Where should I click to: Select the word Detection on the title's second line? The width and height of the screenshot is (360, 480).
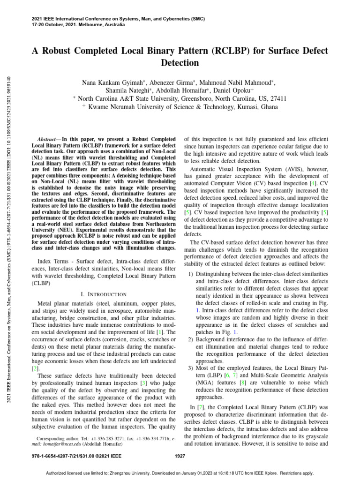(180, 63)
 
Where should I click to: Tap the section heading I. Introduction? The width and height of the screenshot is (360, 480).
(104, 294)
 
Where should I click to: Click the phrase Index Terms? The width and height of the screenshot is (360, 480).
(52, 261)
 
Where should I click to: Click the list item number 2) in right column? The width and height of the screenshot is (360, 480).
(190, 339)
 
